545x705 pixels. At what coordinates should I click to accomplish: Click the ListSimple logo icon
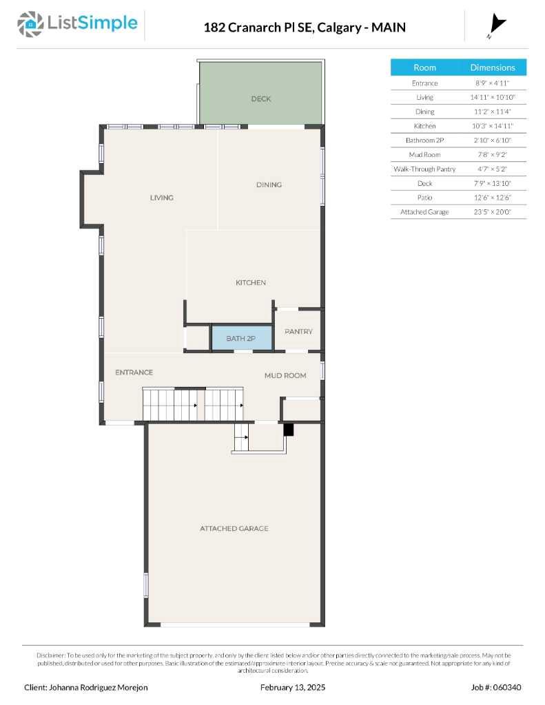coord(29,25)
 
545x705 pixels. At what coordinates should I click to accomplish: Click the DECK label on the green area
coord(261,99)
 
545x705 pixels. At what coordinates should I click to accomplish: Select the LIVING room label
coord(162,198)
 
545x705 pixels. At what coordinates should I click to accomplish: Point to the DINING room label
coord(269,185)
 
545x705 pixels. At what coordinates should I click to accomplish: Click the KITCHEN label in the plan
coord(251,283)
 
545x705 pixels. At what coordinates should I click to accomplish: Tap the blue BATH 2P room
coord(241,338)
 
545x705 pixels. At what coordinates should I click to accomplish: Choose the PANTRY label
coord(298,332)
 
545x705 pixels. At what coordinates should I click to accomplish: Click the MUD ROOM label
coord(285,375)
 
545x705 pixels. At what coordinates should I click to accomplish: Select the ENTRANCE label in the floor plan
coord(134,372)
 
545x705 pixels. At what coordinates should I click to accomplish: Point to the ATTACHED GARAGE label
coord(234,529)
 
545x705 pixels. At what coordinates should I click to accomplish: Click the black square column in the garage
coord(289,430)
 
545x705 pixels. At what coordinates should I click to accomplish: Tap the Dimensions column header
coord(493,67)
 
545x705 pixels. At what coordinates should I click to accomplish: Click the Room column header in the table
coord(424,67)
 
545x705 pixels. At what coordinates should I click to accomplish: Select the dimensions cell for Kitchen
coord(493,126)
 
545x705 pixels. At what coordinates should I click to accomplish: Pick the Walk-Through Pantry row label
coord(424,169)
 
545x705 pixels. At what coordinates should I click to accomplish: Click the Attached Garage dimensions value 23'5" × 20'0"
coord(493,212)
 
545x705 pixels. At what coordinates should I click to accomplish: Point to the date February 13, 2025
coord(293,688)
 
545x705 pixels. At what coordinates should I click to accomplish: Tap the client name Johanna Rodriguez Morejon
coord(86,688)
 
